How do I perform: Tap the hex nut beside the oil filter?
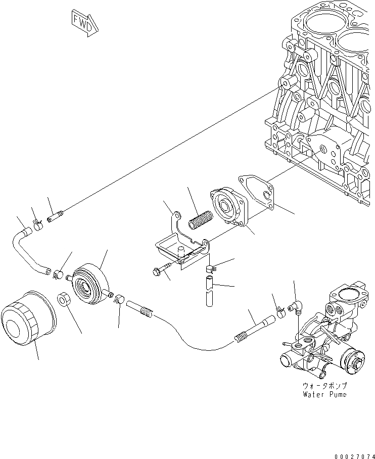pyautogui.click(x=63, y=300)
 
